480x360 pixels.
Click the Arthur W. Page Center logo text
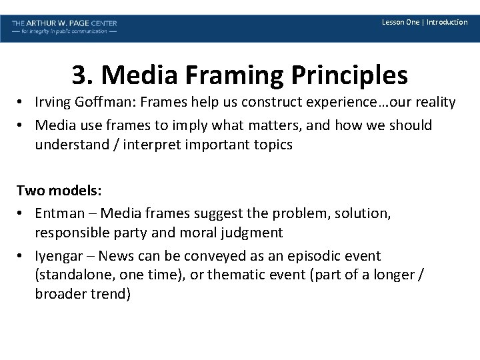pyautogui.click(x=64, y=23)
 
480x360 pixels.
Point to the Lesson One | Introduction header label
pyautogui.click(x=425, y=22)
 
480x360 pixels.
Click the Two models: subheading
pyautogui.click(x=59, y=191)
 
